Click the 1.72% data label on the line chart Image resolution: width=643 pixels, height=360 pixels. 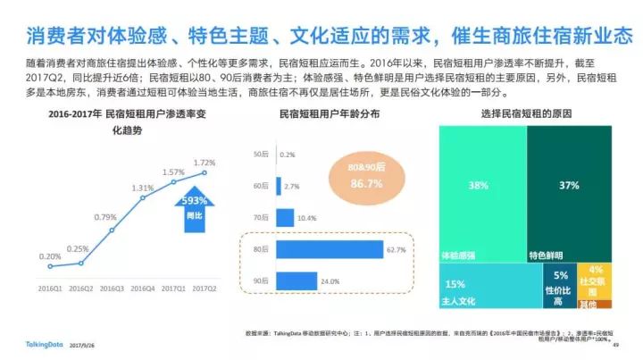click(x=205, y=162)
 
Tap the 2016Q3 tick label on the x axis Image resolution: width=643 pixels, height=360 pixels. click(x=112, y=288)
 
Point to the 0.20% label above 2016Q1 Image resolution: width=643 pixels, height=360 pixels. click(x=50, y=256)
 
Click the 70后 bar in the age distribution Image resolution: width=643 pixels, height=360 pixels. click(x=286, y=217)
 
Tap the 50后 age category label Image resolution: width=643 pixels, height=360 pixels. click(x=261, y=155)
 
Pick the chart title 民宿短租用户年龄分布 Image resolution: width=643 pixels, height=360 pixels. click(x=330, y=114)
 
